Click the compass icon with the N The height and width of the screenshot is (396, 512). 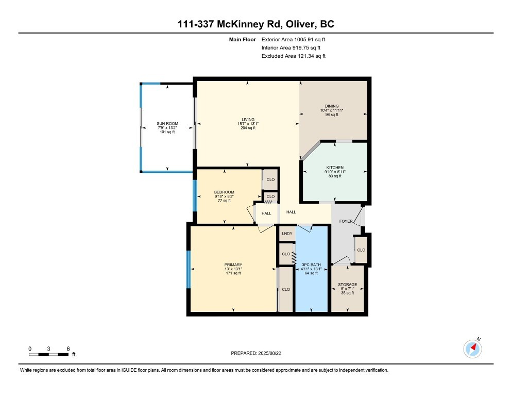coord(472,349)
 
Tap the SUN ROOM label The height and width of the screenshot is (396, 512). coord(167,124)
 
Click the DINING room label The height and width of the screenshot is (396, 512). coord(332,106)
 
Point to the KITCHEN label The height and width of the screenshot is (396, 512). coord(334,167)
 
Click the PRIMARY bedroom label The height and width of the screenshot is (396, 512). coord(233,265)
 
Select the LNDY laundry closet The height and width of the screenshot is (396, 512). coord(286,234)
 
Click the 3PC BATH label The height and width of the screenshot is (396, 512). coord(311,265)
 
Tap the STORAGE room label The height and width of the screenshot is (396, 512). coord(347,285)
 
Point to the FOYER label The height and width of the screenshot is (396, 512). coord(346,221)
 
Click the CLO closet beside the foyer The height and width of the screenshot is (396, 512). coord(361,250)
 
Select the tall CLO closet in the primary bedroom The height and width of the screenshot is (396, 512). coord(286,289)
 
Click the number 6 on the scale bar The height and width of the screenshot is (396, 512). coord(67,349)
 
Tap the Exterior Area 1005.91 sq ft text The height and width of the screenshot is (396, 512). coord(294,39)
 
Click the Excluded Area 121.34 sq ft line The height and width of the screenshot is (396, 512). coord(294,56)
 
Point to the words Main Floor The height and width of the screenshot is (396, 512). coord(242,39)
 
